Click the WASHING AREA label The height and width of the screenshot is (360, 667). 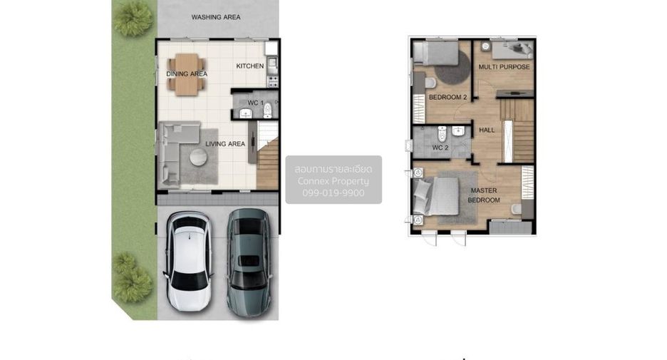(x=216, y=17)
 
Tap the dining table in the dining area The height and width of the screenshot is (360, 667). (x=186, y=74)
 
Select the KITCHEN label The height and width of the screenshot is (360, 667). (x=249, y=66)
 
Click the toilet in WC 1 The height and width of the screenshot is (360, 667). (x=267, y=110)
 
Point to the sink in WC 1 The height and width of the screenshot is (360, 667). (x=245, y=113)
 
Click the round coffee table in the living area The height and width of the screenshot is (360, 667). (x=198, y=157)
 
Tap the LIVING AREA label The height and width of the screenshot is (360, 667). (x=225, y=144)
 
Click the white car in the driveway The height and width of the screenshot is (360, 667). (x=188, y=261)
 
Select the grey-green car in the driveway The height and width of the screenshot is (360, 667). (x=249, y=262)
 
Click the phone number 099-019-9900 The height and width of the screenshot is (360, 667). (x=333, y=192)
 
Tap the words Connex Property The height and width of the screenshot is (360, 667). (x=333, y=181)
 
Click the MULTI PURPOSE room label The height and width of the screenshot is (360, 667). (x=504, y=67)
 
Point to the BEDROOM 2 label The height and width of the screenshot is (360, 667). (x=448, y=97)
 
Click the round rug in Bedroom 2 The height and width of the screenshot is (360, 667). (x=453, y=68)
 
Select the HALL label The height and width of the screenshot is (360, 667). (x=487, y=130)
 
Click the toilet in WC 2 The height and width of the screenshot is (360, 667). (x=442, y=134)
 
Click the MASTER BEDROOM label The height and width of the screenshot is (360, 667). (x=484, y=195)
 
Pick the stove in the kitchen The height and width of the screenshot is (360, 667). (x=272, y=81)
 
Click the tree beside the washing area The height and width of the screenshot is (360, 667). (x=133, y=19)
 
